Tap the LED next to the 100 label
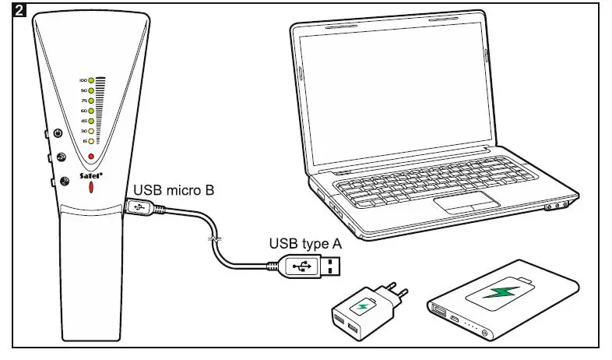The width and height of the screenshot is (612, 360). (x=91, y=80)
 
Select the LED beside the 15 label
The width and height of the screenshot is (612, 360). (x=91, y=141)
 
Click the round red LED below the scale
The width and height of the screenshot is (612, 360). (x=91, y=157)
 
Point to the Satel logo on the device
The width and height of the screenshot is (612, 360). (x=93, y=177)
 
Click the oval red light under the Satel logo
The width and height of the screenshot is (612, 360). (x=91, y=189)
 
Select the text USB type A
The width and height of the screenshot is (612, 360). (x=304, y=243)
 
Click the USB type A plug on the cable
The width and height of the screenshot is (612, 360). (x=311, y=266)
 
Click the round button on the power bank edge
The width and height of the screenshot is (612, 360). (x=485, y=334)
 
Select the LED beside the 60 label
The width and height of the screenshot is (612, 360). (x=91, y=111)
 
